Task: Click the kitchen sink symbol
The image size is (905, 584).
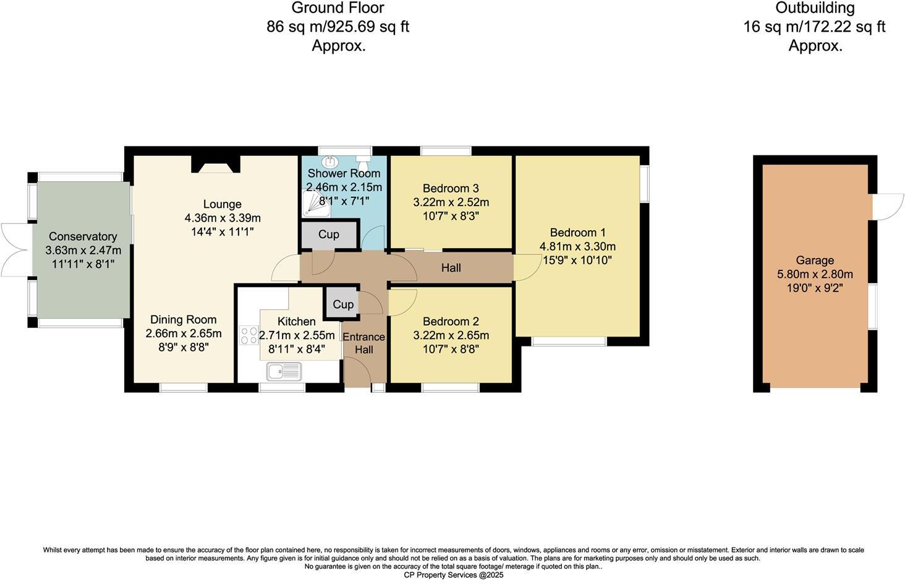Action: click(284, 372)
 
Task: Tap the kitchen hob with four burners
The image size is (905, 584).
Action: click(249, 336)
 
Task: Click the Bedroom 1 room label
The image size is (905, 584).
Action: click(577, 233)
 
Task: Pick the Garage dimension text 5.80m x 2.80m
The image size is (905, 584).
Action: click(815, 274)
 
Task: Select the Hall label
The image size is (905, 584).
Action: click(451, 268)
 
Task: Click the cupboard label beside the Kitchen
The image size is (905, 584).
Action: click(342, 304)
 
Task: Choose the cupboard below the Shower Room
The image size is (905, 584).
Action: click(328, 234)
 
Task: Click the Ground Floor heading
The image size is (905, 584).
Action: click(338, 8)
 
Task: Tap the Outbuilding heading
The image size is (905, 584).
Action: click(815, 8)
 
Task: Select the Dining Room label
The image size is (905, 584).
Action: click(184, 320)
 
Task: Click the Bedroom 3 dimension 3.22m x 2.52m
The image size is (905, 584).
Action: click(451, 202)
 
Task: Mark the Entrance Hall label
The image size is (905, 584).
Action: click(363, 343)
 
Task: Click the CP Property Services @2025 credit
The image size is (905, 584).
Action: click(453, 575)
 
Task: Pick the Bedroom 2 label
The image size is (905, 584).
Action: click(451, 322)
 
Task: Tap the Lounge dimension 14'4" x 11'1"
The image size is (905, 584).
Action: click(223, 231)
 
